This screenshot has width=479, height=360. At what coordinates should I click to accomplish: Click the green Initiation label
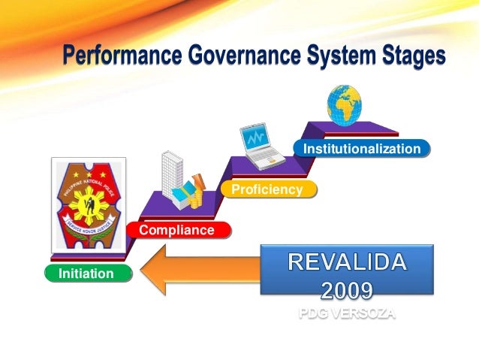click(86, 274)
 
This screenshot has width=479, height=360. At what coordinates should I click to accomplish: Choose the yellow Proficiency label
click(267, 189)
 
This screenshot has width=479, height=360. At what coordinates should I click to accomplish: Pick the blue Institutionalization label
click(361, 149)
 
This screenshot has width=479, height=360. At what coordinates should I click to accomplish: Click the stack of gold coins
click(197, 200)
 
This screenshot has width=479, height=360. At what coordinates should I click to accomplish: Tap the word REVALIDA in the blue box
click(348, 262)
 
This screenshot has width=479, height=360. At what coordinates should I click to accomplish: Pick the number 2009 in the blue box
click(347, 289)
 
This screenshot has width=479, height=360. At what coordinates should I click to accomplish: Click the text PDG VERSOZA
click(346, 313)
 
